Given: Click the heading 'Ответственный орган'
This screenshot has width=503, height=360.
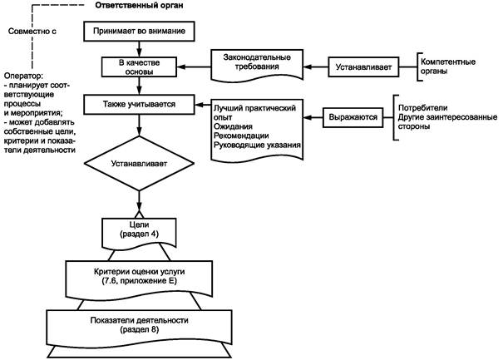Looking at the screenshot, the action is click(139, 6).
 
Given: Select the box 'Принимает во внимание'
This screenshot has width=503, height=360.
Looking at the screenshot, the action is click(139, 31).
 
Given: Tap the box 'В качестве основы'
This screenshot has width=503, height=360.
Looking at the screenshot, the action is click(139, 67).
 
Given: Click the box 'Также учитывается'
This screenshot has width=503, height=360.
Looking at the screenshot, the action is click(139, 104).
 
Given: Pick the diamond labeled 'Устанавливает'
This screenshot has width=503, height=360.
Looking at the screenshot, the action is click(139, 163).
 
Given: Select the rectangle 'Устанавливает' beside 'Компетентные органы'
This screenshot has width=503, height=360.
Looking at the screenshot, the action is click(363, 67).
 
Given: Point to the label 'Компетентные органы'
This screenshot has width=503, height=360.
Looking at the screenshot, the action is click(448, 67).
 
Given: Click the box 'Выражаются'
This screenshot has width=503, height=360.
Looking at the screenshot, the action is click(353, 117).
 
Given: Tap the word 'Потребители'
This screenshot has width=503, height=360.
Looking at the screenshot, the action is click(423, 108).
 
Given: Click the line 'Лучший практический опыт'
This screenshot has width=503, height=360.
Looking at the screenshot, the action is click(254, 112).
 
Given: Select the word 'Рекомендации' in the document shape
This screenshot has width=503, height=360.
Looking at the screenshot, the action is click(241, 136).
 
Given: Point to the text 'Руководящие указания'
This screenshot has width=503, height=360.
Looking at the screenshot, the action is click(257, 145).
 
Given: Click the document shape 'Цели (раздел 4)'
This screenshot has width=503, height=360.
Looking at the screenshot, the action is click(139, 233).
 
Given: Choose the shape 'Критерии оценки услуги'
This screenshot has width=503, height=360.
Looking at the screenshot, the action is click(139, 278).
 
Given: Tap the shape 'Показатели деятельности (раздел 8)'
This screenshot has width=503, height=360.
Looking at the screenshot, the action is click(139, 328).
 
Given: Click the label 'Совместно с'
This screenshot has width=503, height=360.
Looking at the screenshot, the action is click(32, 31).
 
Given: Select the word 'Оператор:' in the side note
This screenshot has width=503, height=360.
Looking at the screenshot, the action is click(23, 76).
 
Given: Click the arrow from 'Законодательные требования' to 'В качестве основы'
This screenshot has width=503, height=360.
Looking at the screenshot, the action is click(194, 67).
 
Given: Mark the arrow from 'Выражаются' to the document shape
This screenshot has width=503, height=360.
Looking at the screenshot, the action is click(313, 117).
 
